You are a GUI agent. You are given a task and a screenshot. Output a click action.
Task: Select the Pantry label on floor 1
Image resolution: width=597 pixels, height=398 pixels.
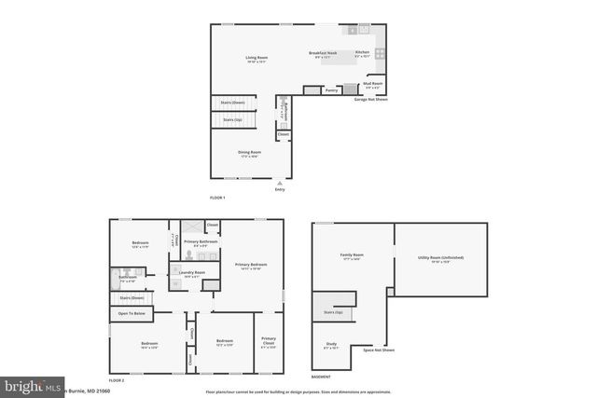pos(331,90)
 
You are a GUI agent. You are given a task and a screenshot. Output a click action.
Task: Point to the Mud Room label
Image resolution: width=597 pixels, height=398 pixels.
pos(372,84)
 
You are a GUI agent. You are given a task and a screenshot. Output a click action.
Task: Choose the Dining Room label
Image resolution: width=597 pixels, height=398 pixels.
pos(249,153)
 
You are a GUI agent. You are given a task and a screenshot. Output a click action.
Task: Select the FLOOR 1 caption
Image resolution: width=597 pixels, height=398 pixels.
pos(217,198)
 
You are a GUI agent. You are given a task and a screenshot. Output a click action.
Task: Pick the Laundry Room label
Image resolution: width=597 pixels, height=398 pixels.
pos(194,273)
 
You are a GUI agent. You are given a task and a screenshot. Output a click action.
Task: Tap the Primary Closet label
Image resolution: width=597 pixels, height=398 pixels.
pos(269,340)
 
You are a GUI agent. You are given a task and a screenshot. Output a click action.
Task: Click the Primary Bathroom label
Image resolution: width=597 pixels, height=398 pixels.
pos(201,242)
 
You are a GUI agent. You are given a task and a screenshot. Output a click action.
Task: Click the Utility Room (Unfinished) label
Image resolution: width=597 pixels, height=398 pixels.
pos(441,258)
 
